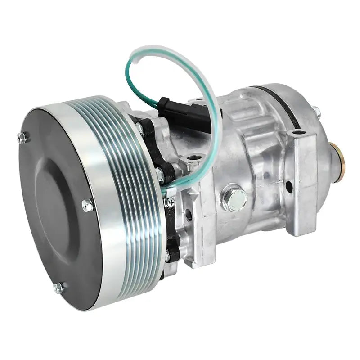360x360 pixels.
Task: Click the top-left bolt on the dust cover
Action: pyautogui.click(x=22, y=137)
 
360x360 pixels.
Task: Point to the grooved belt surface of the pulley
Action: pyautogui.click(x=130, y=189)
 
